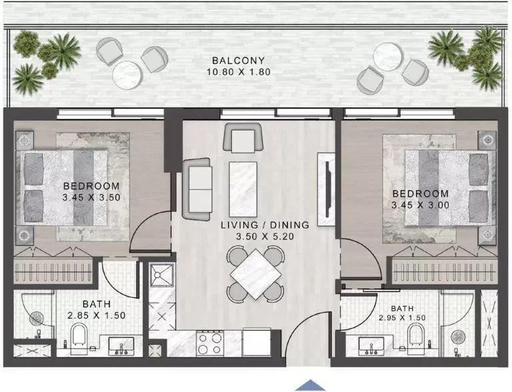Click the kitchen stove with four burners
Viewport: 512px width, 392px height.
211,344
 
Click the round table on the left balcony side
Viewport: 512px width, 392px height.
126,74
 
